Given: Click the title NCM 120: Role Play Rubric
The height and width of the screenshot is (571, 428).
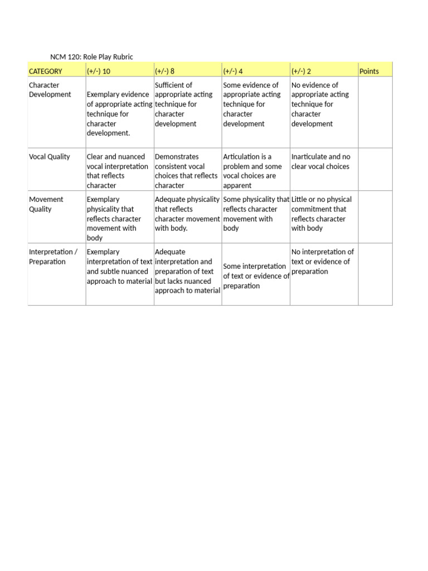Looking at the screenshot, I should (92, 57).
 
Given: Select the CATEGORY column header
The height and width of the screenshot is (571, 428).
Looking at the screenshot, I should (46, 71).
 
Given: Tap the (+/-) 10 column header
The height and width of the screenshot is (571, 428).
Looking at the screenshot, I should (99, 71).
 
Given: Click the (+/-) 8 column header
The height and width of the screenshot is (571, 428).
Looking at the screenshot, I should (165, 71).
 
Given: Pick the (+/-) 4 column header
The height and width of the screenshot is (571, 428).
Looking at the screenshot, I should (233, 71).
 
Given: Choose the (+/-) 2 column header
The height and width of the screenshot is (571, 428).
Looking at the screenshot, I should (301, 71).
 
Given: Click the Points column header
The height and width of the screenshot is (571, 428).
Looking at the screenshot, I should (369, 71).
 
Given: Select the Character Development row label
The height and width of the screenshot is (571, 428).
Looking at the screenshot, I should (50, 90).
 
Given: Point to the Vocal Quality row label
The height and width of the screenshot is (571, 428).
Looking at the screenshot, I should (50, 157).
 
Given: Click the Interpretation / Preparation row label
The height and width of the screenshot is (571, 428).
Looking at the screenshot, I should (53, 257).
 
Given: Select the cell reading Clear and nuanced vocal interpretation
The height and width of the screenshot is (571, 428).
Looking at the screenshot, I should (118, 171).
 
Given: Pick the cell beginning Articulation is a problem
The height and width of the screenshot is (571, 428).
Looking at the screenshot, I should (253, 171).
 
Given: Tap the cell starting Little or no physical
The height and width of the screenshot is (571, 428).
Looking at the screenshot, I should (322, 214).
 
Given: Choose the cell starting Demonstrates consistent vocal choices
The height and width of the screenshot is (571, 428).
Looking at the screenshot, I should (187, 171).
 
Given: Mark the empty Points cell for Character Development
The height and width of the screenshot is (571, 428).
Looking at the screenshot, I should (375, 112).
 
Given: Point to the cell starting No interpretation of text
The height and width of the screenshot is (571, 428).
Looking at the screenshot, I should (322, 262).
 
